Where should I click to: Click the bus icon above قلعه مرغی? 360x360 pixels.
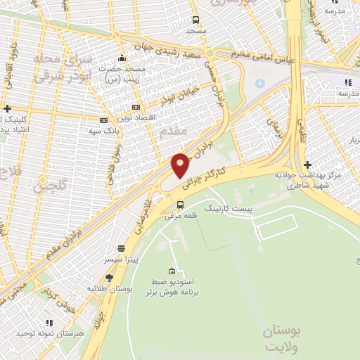click(181, 205)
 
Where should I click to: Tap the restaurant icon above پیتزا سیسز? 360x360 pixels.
click(122, 249)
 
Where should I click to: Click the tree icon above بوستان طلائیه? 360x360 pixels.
click(109, 278)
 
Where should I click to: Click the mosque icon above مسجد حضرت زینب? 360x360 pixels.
click(122, 58)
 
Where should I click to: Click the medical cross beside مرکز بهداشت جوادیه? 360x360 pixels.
click(307, 165)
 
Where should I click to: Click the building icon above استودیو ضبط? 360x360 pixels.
click(172, 271)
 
